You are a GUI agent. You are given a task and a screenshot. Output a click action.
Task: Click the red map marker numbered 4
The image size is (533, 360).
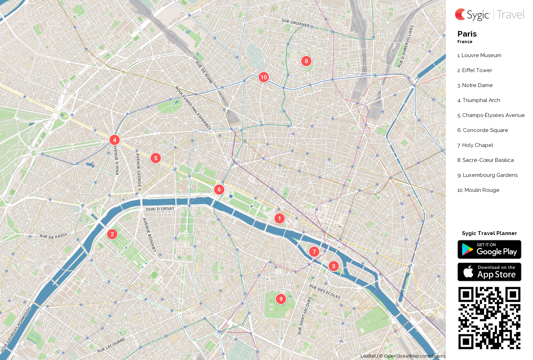click(115, 140)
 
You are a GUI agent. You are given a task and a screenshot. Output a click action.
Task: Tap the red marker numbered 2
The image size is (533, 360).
click(112, 234)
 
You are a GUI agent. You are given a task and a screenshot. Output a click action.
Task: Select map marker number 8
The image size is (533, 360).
click(306, 61)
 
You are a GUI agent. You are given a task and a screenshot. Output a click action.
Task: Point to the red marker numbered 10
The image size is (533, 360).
click(264, 77)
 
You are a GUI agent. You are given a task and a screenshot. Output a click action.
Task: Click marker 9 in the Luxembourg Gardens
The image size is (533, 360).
click(281, 299)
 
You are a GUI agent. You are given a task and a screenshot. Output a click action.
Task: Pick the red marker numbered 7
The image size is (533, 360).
click(314, 252)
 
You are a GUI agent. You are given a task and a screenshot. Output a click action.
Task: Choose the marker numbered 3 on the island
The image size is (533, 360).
click(333, 266)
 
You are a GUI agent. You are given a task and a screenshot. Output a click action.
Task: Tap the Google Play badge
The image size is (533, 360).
click(489, 250)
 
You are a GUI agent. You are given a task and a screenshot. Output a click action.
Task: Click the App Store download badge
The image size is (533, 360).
click(489, 272)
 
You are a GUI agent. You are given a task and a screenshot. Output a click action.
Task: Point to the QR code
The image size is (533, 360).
click(489, 318)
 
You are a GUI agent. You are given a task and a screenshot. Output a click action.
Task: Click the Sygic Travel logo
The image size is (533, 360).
click(489, 15)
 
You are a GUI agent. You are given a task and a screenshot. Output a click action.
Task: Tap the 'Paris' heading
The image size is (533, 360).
click(467, 34)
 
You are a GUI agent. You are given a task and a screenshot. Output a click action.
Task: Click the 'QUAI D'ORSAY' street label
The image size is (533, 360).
click(160, 209)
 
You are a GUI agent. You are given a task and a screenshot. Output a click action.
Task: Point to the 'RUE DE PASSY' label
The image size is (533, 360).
click(53, 236)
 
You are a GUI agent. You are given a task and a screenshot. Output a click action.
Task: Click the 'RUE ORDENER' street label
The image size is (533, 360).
click(295, 23)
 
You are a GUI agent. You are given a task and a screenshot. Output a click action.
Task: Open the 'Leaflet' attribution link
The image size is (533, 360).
click(368, 356)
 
